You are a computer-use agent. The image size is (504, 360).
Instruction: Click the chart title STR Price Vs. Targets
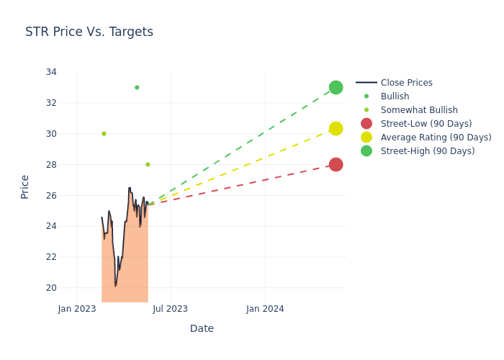point(89,32)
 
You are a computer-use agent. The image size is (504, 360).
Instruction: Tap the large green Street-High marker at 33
point(336,87)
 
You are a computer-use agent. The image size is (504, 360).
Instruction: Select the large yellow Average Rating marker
point(336,128)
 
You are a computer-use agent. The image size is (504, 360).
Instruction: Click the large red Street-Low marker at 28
point(336,164)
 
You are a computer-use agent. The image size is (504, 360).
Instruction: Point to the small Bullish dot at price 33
point(137,87)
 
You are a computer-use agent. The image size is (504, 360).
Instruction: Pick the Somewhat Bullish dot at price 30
point(104,133)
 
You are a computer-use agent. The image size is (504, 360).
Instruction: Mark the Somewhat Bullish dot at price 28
point(148,164)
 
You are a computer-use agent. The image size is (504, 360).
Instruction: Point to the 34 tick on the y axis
point(51,72)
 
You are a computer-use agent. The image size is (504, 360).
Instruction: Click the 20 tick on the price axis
point(51,288)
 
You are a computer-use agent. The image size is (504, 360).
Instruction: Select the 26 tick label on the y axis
point(51,195)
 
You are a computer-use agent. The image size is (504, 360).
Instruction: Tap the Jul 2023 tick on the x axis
point(171,309)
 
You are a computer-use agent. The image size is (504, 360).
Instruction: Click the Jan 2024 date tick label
point(265,309)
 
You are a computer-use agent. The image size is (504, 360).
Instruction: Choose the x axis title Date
point(202,328)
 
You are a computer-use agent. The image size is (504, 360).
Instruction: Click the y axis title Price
point(25,186)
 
